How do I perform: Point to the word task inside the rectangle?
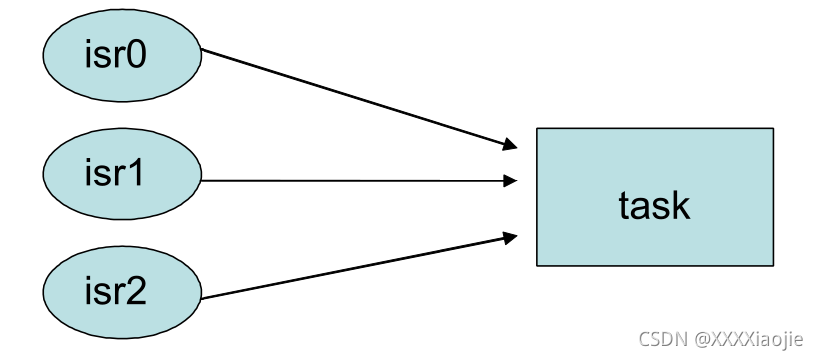(654, 205)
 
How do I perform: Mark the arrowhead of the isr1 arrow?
(511, 180)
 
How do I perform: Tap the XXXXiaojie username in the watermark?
(749, 340)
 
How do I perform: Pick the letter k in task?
(680, 204)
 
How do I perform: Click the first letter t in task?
(624, 205)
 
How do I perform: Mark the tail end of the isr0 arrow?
(203, 51)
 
